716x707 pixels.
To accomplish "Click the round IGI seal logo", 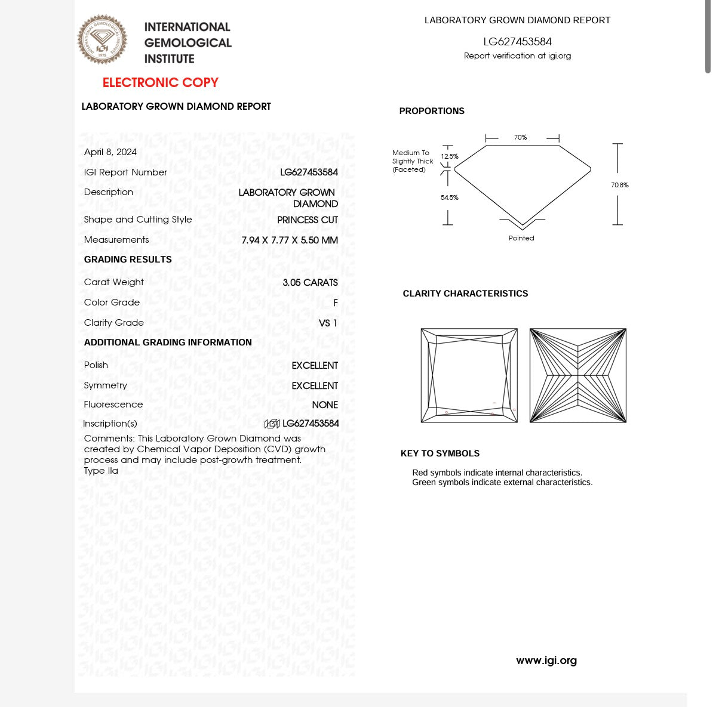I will pos(103,39).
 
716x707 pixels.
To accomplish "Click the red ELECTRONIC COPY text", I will pos(160,82).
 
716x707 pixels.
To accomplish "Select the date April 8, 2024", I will pos(110,152).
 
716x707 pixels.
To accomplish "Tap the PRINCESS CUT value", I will pos(307,220).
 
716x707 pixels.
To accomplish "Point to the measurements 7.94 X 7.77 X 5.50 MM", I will pos(290,240).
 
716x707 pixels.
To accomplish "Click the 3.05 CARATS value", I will pos(310,282).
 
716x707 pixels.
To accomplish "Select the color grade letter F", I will pos(335,302).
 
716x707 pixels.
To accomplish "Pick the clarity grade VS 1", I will pos(328,323).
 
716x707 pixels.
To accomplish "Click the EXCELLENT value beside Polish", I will pos(315,365).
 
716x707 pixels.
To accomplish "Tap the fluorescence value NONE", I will pos(325,405).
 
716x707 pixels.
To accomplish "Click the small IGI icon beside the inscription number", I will pos(272,424).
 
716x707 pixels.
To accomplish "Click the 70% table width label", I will pos(520,137).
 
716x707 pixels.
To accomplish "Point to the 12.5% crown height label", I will pos(450,156).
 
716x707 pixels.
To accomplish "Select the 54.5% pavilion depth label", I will pos(450,197).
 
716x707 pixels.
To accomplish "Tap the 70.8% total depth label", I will pos(619,185).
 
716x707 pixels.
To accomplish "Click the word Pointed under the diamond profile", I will pos(521,238).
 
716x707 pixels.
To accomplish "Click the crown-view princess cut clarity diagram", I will pos(469,375).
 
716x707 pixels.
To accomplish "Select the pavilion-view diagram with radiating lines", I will pos(577,375).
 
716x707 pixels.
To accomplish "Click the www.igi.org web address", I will pos(546,660).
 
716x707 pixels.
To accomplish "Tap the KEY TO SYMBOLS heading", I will pos(440,453).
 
